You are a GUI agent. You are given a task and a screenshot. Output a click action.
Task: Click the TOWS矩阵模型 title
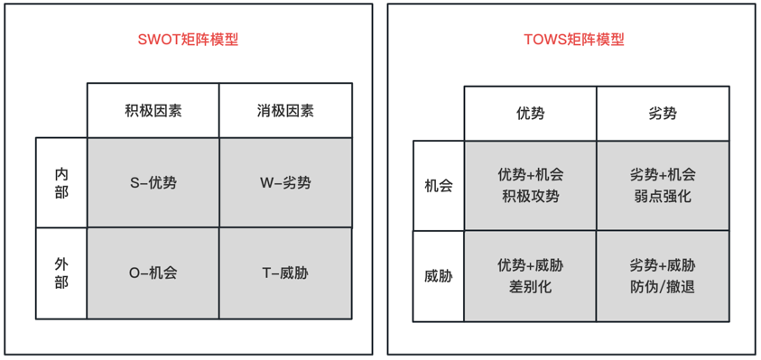click(x=573, y=40)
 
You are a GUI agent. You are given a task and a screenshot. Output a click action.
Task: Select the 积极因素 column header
click(x=153, y=111)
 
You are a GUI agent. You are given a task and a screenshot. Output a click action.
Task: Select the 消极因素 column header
click(x=285, y=111)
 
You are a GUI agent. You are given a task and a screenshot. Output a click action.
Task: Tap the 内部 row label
click(x=60, y=182)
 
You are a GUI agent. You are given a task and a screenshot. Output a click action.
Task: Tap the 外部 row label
click(x=60, y=272)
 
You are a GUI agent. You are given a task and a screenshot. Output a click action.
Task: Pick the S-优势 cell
click(x=153, y=183)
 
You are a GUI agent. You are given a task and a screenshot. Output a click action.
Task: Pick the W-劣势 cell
click(x=285, y=183)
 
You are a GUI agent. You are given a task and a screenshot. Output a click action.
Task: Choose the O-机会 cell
click(x=153, y=272)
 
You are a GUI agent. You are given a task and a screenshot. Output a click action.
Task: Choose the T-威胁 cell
click(x=285, y=272)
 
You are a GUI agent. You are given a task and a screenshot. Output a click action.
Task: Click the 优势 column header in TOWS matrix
click(x=530, y=114)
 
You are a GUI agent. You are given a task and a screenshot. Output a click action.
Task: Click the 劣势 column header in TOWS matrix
click(x=663, y=114)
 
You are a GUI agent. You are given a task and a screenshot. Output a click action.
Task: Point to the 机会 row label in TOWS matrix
click(x=438, y=186)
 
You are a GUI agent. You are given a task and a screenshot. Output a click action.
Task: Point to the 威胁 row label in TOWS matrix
click(x=438, y=276)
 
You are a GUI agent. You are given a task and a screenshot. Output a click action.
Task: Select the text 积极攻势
click(x=530, y=196)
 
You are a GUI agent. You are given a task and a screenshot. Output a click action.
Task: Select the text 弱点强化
click(x=663, y=196)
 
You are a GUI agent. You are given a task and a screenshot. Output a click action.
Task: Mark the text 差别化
click(x=530, y=287)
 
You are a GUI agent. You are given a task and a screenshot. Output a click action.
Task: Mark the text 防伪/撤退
click(x=663, y=287)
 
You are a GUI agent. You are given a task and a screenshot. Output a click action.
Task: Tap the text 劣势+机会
click(x=663, y=175)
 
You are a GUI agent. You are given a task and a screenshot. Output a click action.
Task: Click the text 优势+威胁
click(x=530, y=266)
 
